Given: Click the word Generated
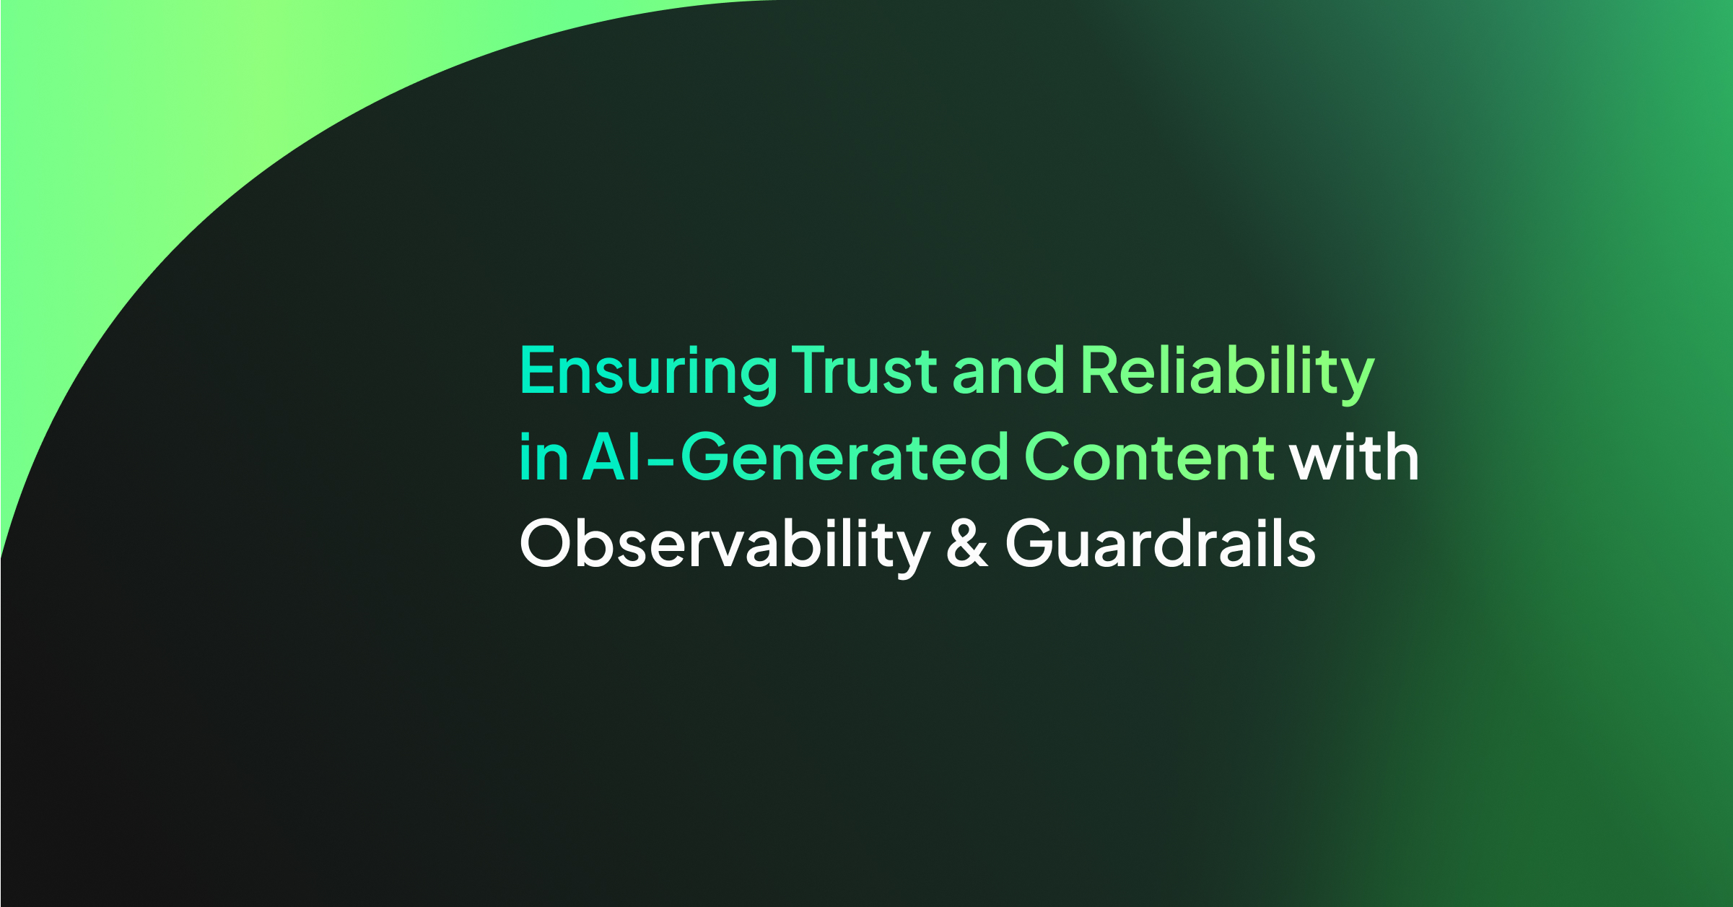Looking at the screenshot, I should point(844,458).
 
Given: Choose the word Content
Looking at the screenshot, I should point(1149,458).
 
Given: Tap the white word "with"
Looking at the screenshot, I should point(1354,458).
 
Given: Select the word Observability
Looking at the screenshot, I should point(725,544).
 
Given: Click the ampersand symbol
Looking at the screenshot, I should point(966,544).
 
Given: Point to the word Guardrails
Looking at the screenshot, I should point(1160,544).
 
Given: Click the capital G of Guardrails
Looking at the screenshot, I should point(1031,543).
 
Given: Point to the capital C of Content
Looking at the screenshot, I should point(1051,456).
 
